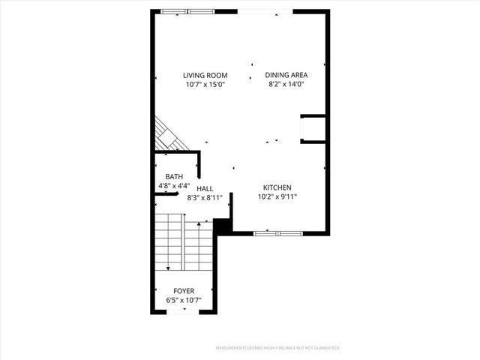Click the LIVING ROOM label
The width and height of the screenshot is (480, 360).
click(x=205, y=75)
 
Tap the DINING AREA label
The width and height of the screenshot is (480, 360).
click(x=286, y=75)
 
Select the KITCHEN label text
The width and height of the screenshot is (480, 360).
click(x=277, y=187)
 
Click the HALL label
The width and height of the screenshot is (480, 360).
click(x=205, y=189)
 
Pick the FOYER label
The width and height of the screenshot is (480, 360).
click(x=184, y=291)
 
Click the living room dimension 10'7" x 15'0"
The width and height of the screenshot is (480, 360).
click(x=205, y=85)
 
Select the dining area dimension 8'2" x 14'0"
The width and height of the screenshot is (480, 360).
click(x=286, y=85)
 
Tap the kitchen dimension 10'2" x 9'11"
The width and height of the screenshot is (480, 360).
click(x=277, y=197)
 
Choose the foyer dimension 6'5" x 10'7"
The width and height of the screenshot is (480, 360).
click(x=184, y=301)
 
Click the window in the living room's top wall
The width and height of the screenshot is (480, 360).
click(x=187, y=11)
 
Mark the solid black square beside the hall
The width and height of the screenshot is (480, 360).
click(x=223, y=226)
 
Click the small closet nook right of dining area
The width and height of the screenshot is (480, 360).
click(x=312, y=129)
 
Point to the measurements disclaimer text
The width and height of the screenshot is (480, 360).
click(x=278, y=348)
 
